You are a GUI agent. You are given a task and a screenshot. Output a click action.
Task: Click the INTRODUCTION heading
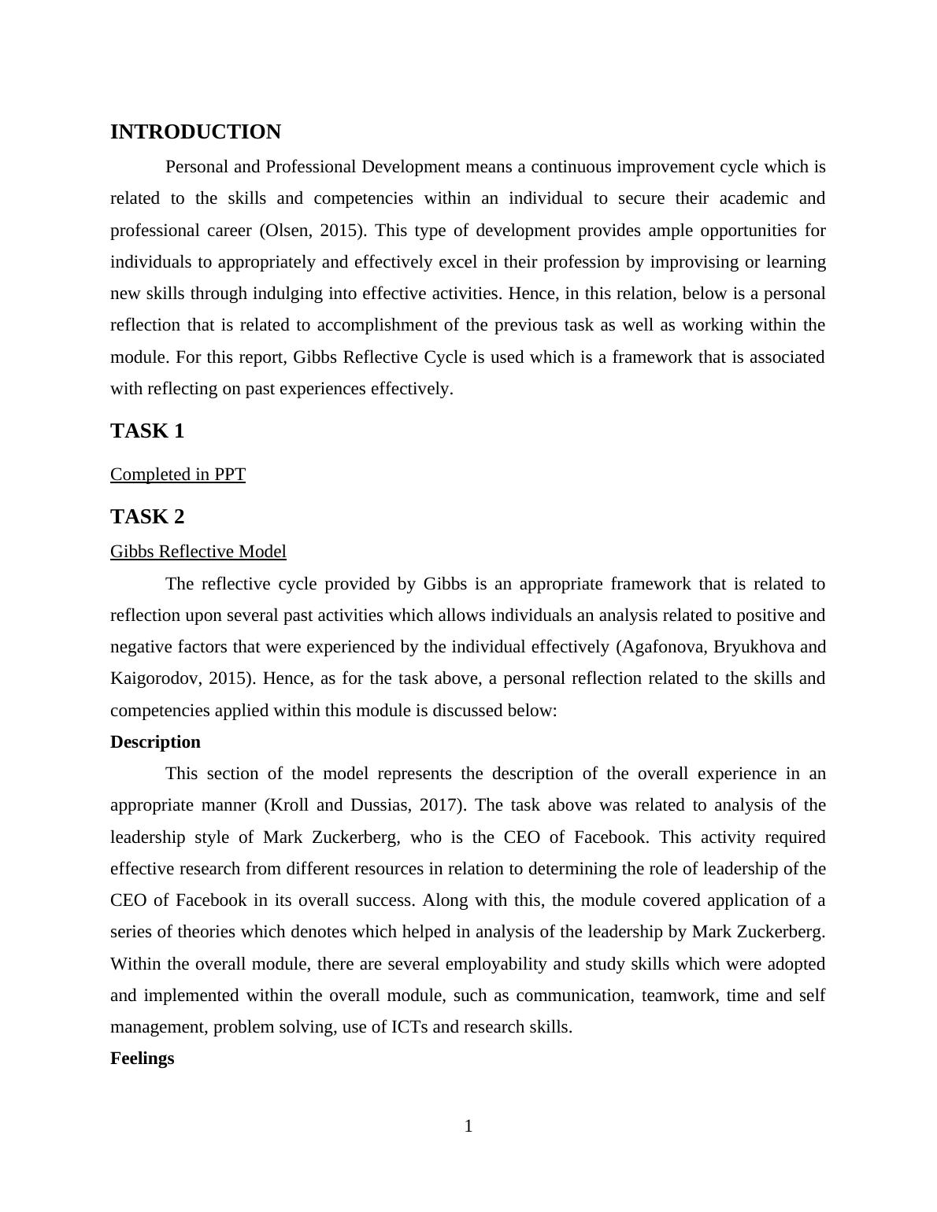195,132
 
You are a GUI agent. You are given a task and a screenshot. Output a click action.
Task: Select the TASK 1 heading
147,431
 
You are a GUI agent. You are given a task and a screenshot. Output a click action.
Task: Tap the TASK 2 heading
147,517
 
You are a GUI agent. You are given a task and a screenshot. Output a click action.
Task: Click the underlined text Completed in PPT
178,475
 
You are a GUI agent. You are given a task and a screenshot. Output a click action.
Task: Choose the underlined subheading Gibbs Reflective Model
198,552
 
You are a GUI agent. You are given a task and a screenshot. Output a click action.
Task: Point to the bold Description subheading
155,742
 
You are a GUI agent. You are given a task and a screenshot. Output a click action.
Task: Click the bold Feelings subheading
142,1059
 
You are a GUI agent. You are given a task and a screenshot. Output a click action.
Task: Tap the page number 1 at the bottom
468,1127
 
